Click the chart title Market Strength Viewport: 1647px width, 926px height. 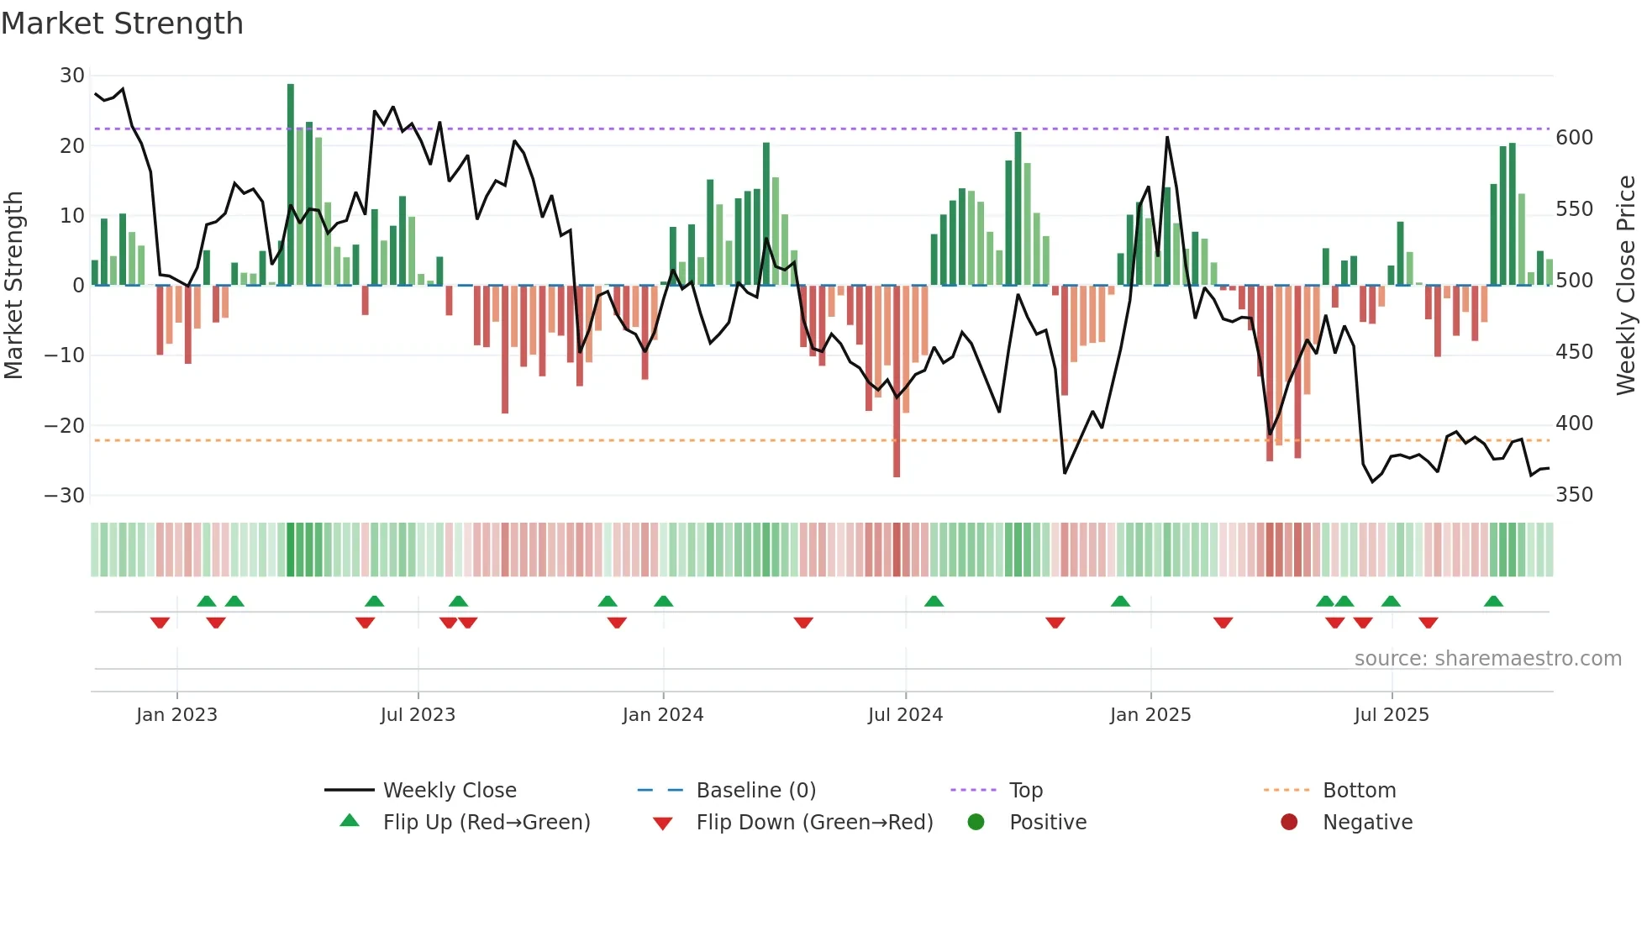pyautogui.click(x=122, y=24)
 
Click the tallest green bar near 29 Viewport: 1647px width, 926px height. pyautogui.click(x=291, y=185)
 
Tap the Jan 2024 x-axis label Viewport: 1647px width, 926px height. pyautogui.click(x=663, y=715)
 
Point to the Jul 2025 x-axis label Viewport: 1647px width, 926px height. pyautogui.click(x=1392, y=715)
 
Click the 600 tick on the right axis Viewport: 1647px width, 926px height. pyautogui.click(x=1574, y=138)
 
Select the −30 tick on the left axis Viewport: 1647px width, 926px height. pyautogui.click(x=65, y=496)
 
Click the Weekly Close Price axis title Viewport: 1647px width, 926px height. pyautogui.click(x=1626, y=286)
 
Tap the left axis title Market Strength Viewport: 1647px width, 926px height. pyautogui.click(x=13, y=286)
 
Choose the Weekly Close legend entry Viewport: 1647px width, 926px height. pyautogui.click(x=450, y=791)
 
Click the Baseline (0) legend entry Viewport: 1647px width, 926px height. pyautogui.click(x=755, y=791)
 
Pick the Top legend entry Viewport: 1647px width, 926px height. pyautogui.click(x=1025, y=791)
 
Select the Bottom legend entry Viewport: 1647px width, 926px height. pyautogui.click(x=1359, y=791)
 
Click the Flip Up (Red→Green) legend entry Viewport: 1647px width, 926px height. pyautogui.click(x=487, y=823)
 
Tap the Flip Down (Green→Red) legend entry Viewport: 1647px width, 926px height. pyautogui.click(x=814, y=823)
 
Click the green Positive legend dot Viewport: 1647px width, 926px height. pyautogui.click(x=976, y=822)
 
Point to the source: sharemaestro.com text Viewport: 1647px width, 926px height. pyautogui.click(x=1487, y=659)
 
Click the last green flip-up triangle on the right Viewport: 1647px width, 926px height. pyautogui.click(x=1493, y=602)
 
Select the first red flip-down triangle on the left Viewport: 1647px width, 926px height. pyautogui.click(x=160, y=623)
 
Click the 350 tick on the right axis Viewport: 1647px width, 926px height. pyautogui.click(x=1574, y=495)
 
